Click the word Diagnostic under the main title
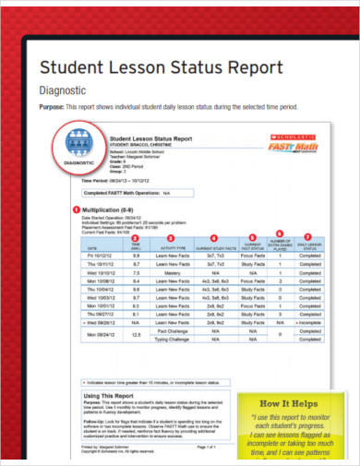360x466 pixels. tap(61, 90)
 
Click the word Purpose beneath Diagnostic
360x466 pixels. tap(52, 108)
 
